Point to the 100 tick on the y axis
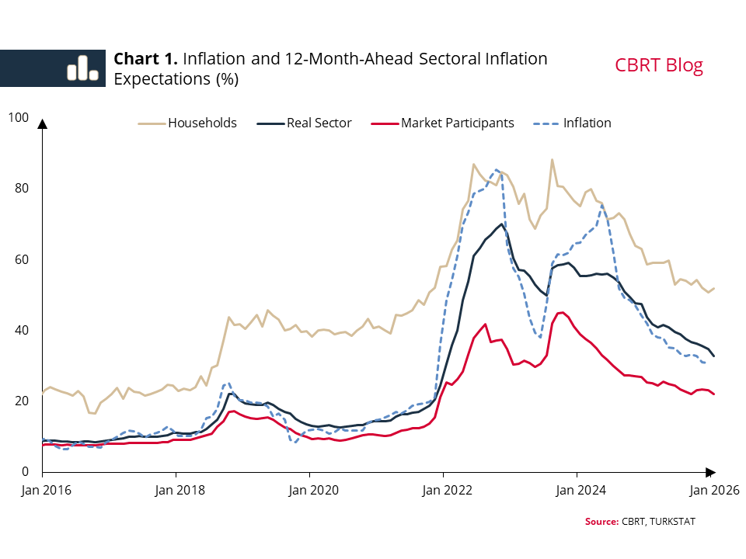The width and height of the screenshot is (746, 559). point(18,118)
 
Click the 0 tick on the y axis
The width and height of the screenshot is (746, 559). point(24,471)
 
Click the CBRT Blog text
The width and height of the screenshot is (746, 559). point(659,65)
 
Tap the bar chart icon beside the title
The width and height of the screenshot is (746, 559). point(82,68)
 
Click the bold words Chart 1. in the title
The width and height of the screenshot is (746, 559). point(146,59)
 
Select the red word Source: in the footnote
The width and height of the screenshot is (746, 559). point(601,521)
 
